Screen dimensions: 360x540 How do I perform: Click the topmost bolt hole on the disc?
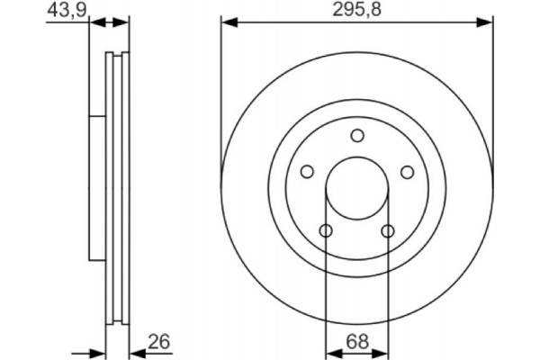357,136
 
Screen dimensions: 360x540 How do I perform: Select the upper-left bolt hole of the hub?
307,172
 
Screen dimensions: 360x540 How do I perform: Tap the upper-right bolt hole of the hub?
407,172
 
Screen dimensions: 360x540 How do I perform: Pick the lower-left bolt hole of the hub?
326,231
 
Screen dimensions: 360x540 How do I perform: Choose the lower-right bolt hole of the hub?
388,231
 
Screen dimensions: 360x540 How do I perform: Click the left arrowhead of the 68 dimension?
330,352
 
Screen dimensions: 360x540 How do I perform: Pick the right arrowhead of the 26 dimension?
136,352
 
